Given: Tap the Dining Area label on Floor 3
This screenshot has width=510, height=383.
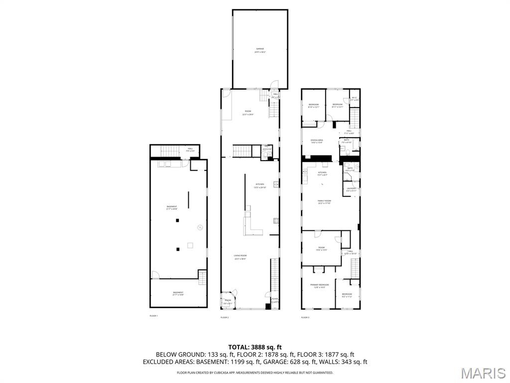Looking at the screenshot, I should pyautogui.click(x=317, y=141).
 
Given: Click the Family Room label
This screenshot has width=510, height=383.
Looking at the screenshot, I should pyautogui.click(x=324, y=201).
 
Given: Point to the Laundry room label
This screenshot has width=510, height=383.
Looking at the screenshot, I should pyautogui.click(x=351, y=189).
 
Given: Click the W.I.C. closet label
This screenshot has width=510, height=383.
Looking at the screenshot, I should pyautogui.click(x=354, y=98).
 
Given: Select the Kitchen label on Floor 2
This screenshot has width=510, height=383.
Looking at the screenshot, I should pyautogui.click(x=259, y=186).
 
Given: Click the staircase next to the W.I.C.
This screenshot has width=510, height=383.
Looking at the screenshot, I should pyautogui.click(x=354, y=118).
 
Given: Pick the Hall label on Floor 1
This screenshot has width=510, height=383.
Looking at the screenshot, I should pyautogui.click(x=190, y=149).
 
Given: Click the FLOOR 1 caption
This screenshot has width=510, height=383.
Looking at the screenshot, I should pyautogui.click(x=153, y=316).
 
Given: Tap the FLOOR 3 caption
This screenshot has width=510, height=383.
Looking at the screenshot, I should pyautogui.click(x=305, y=317).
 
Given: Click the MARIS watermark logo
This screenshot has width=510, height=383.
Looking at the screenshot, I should pyautogui.click(x=483, y=373).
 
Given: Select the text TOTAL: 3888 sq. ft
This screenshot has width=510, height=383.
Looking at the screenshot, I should pyautogui.click(x=255, y=347).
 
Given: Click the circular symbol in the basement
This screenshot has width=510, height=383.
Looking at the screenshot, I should pyautogui.click(x=200, y=227).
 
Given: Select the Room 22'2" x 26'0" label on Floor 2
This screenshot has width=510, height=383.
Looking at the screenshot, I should pyautogui.click(x=248, y=113).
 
